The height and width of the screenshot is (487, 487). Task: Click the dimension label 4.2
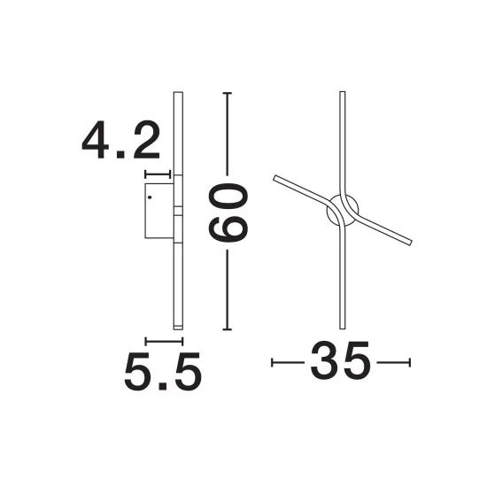[x=121, y=140]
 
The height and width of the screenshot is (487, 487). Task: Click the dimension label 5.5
[x=163, y=372]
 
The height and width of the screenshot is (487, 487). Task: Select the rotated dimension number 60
[x=228, y=213]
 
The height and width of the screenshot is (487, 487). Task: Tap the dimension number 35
[x=340, y=360]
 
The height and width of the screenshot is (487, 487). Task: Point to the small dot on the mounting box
[x=150, y=197]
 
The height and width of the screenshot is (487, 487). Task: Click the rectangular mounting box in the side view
[x=159, y=211]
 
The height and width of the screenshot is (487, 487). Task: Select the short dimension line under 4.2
[x=158, y=174]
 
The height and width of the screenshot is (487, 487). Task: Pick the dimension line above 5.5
[x=164, y=342]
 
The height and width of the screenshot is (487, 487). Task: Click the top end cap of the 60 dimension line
[x=228, y=93]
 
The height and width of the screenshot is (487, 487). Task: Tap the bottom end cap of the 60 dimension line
[x=228, y=329]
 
